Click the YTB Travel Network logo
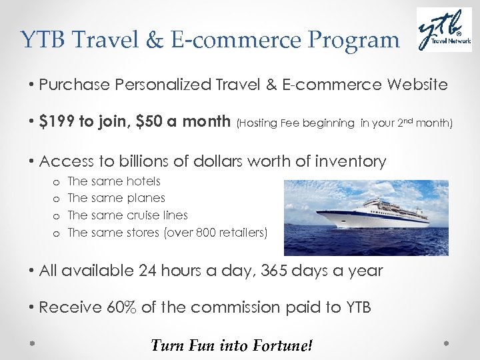pos(444,31)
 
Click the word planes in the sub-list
pos(147,198)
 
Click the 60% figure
pos(121,307)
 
